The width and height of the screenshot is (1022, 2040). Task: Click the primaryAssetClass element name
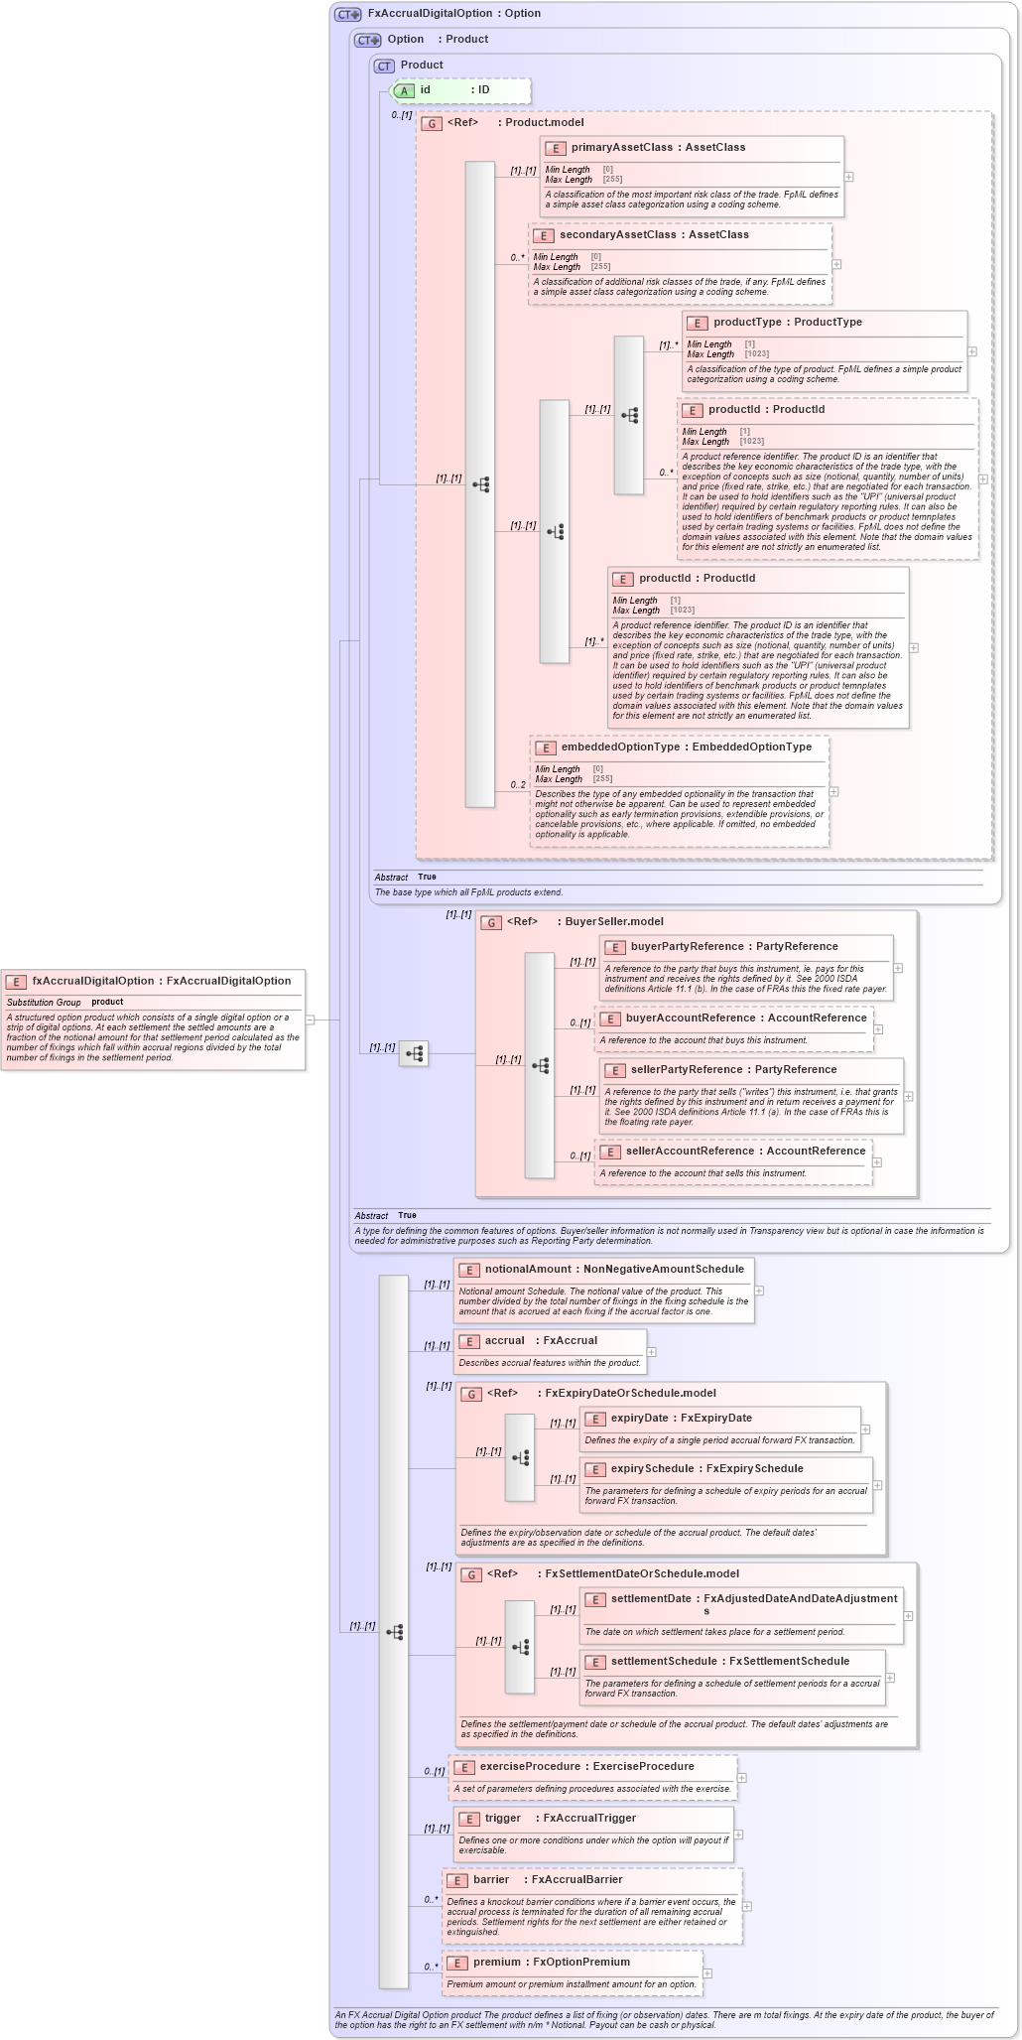click(x=621, y=147)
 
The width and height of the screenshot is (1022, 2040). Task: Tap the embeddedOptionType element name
click(x=620, y=747)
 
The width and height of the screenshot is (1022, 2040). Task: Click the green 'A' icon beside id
click(x=404, y=90)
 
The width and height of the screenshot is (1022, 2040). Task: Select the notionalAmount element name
click(x=528, y=1269)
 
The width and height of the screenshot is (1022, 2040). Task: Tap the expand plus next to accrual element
click(x=652, y=1351)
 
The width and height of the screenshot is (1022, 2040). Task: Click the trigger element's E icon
click(x=469, y=1819)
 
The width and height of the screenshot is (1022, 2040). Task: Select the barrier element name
click(x=491, y=1879)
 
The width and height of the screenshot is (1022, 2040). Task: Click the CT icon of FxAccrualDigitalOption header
click(x=348, y=14)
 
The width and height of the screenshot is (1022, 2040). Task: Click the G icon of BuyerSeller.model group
click(x=491, y=922)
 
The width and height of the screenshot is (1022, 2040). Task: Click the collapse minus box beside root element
click(x=311, y=1020)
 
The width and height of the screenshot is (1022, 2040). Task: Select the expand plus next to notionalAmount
click(x=759, y=1291)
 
